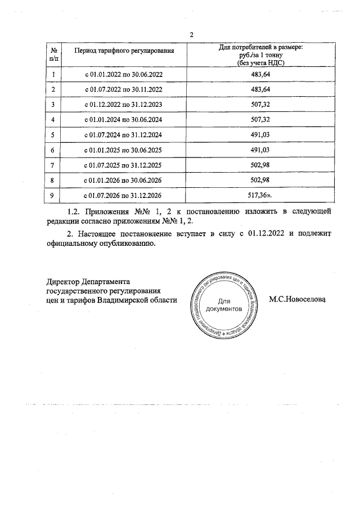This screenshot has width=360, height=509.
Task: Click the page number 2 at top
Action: pos(191,35)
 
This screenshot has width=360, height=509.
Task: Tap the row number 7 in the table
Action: pos(53,165)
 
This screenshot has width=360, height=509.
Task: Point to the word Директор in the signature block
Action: pos(63,281)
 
